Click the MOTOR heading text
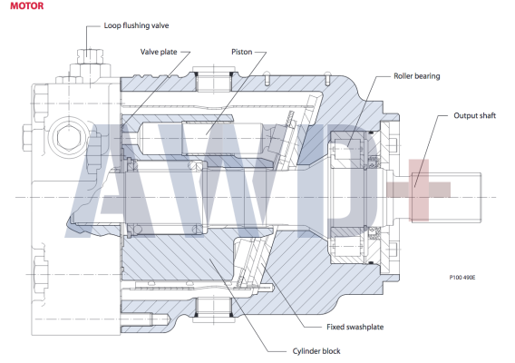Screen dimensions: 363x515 19,7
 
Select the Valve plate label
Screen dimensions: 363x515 160,52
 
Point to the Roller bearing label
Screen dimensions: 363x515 417,76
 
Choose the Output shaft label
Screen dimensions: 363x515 475,116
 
